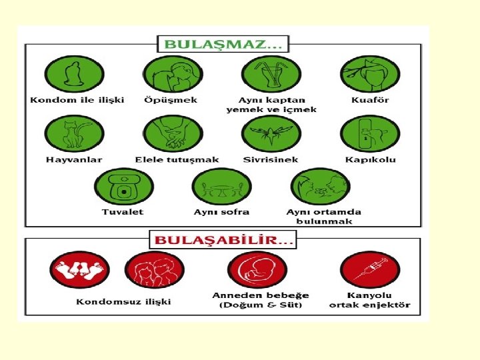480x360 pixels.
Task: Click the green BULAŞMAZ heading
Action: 223,45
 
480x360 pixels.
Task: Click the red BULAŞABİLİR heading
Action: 223,239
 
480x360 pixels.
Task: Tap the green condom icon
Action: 74,74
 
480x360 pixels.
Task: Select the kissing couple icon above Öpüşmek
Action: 173,74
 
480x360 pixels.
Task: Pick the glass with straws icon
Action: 271,74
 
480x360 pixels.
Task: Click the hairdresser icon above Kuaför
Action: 369,74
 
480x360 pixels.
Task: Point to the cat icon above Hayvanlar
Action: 74,133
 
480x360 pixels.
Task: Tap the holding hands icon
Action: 173,133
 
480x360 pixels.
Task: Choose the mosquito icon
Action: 271,133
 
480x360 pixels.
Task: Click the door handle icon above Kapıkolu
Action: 369,133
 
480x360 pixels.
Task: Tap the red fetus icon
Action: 257,270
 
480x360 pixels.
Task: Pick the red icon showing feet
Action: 79,270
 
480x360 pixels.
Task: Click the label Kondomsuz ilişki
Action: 123,301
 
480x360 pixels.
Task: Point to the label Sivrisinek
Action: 271,160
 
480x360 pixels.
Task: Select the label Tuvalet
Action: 123,212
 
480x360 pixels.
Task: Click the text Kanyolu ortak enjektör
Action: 370,301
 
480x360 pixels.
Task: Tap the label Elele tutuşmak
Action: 177,160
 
